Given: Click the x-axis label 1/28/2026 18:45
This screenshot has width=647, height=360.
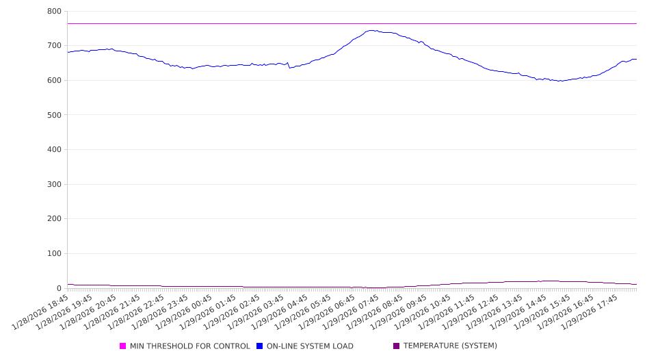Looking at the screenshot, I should pyautogui.click(x=42, y=312).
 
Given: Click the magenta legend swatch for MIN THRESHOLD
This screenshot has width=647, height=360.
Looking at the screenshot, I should pyautogui.click(x=123, y=346).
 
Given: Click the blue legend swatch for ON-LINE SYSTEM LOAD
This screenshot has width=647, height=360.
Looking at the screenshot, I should pyautogui.click(x=260, y=346).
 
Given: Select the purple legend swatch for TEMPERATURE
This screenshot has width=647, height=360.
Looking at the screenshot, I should pyautogui.click(x=397, y=346).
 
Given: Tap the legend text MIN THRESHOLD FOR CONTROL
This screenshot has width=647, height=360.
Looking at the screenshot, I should pyautogui.click(x=190, y=346).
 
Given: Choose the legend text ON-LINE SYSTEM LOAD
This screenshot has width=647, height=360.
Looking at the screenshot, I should pyautogui.click(x=310, y=346).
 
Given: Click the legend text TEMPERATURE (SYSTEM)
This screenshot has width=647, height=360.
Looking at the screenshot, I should pyautogui.click(x=450, y=346).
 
